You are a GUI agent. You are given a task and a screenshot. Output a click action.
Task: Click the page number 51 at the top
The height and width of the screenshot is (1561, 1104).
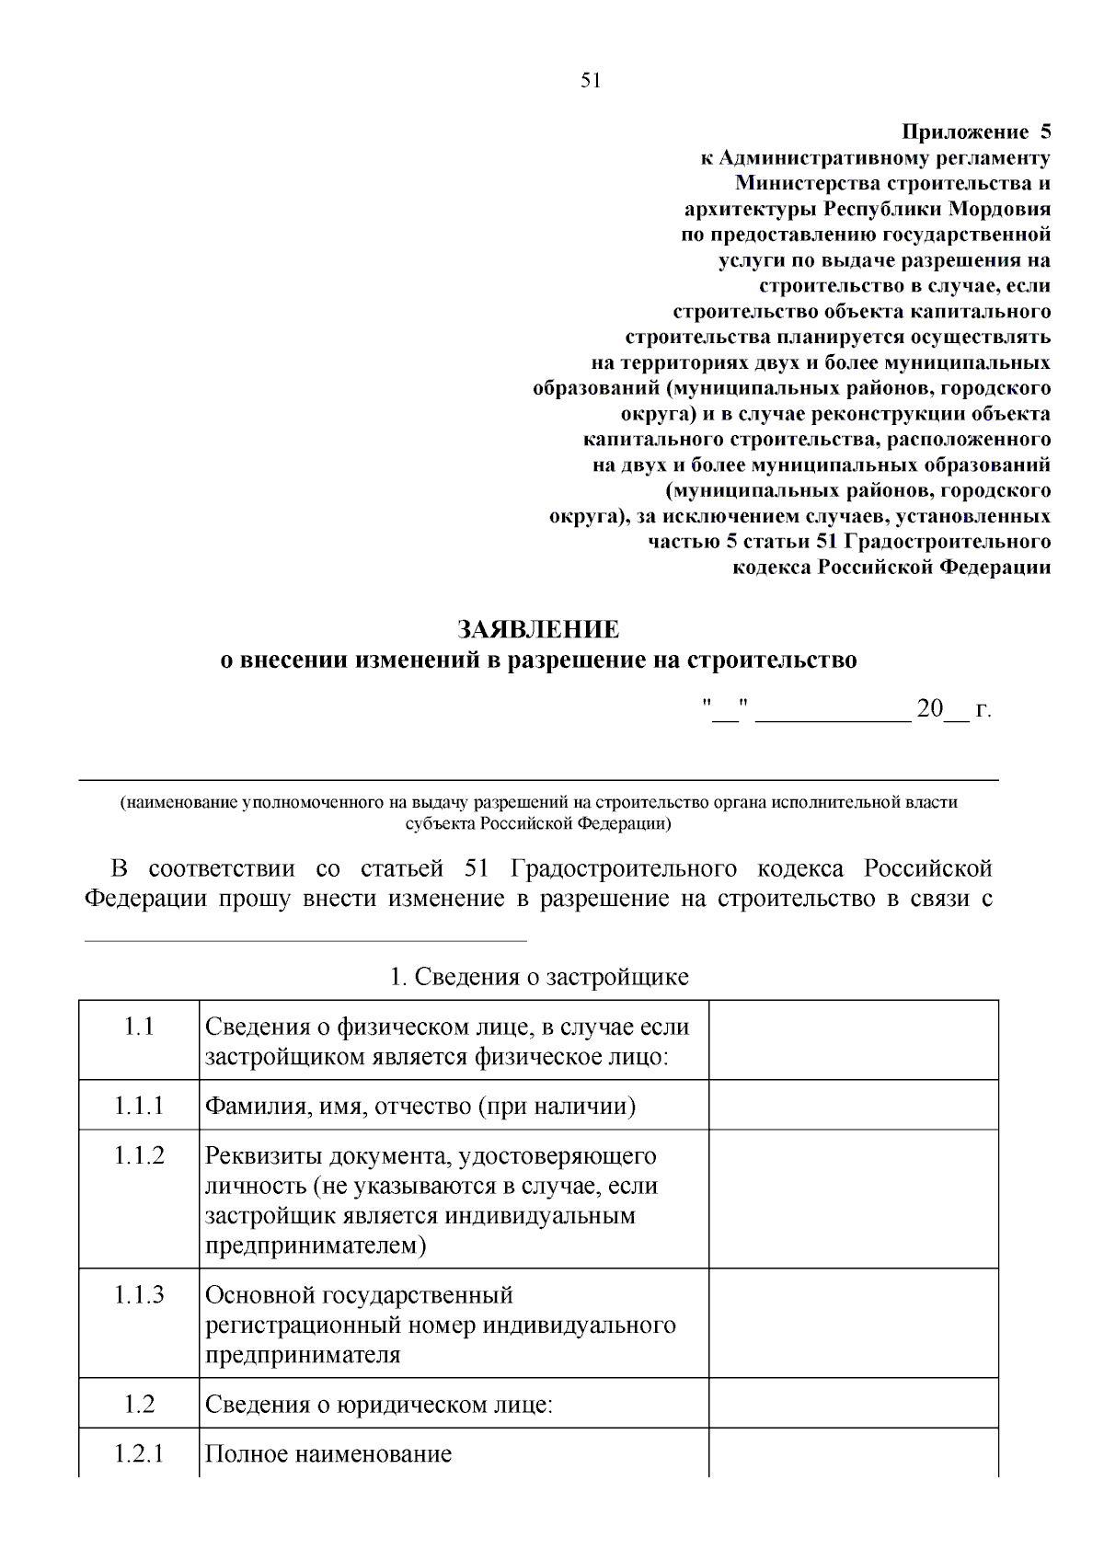click(x=591, y=80)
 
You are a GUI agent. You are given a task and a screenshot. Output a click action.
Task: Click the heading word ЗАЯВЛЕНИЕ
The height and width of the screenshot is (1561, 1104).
click(x=538, y=630)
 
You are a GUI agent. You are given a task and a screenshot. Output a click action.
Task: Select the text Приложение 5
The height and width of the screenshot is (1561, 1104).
click(x=975, y=132)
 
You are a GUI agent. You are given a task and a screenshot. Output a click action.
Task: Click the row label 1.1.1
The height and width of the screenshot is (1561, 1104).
click(x=139, y=1106)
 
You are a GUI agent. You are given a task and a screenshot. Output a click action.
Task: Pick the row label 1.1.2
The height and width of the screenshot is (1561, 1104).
click(x=139, y=1155)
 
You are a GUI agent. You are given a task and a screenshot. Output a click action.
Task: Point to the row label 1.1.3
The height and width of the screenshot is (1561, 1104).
click(x=139, y=1295)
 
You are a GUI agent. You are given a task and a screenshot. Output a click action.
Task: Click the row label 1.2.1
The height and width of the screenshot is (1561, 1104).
click(x=139, y=1454)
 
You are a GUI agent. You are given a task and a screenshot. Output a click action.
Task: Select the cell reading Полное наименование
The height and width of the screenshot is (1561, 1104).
click(x=328, y=1454)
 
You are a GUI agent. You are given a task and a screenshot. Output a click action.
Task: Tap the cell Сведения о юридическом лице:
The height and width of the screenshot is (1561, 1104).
click(x=378, y=1405)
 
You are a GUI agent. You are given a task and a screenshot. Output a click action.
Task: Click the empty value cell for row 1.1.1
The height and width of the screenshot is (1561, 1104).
click(x=853, y=1105)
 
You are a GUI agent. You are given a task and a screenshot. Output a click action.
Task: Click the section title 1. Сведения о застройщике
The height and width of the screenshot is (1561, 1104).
click(x=538, y=977)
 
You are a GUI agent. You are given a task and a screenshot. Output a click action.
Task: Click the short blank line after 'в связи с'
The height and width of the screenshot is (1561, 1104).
click(x=305, y=938)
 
